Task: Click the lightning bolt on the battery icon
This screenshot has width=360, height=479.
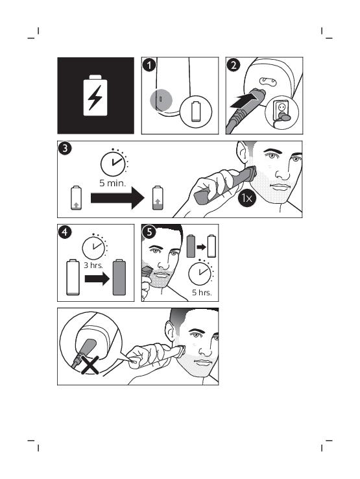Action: point(95,98)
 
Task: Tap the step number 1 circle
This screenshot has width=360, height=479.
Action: point(149,65)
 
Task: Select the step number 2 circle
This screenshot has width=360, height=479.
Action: point(234,65)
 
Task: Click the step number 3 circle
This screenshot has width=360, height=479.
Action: point(65,149)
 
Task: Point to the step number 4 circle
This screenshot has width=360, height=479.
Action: point(65,232)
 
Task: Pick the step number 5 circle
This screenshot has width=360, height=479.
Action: point(149,232)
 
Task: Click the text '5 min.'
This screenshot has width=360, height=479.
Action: point(112,183)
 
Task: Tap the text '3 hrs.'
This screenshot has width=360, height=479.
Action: point(93,265)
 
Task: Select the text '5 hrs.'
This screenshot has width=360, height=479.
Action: point(202,292)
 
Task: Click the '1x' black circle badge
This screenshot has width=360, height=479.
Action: point(246,198)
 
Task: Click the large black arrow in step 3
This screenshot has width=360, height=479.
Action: point(117,198)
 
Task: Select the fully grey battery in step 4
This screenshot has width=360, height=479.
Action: point(119,277)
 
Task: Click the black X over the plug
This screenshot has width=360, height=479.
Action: point(90,365)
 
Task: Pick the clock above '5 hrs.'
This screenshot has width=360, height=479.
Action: point(200,273)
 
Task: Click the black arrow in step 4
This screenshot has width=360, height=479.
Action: point(97,278)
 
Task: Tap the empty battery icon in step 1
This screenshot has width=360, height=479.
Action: point(196,112)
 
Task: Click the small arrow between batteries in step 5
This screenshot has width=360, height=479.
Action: point(201,247)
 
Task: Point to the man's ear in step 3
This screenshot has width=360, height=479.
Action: point(243,153)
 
